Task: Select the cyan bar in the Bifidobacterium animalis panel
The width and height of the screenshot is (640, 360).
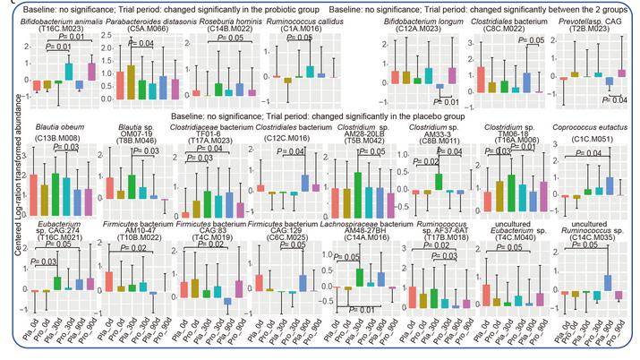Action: point(69,72)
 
